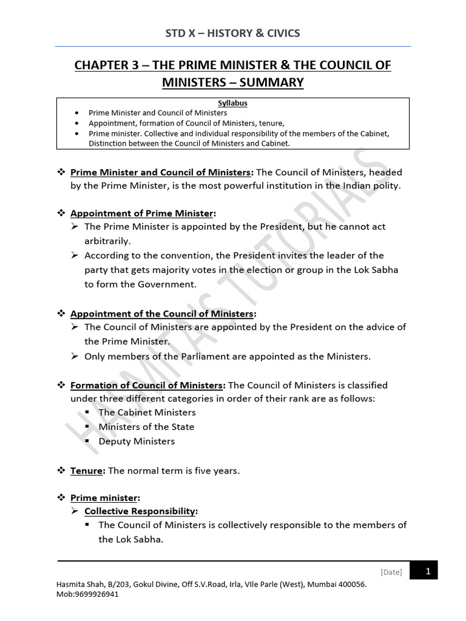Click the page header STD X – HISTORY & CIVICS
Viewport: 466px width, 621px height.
click(x=233, y=33)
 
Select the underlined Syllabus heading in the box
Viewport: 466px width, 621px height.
click(x=232, y=104)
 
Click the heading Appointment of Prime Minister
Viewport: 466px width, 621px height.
click(x=142, y=213)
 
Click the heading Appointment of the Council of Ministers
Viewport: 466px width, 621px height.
click(x=163, y=314)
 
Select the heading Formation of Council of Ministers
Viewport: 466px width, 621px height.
click(x=147, y=385)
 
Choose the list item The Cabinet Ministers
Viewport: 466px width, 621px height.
click(x=147, y=412)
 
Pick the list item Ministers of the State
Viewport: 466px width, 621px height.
click(x=146, y=427)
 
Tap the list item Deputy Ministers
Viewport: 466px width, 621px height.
click(x=137, y=441)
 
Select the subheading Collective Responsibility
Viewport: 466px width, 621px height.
click(x=140, y=511)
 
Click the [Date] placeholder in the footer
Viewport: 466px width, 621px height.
click(x=391, y=572)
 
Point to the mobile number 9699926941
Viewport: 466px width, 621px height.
click(x=96, y=594)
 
